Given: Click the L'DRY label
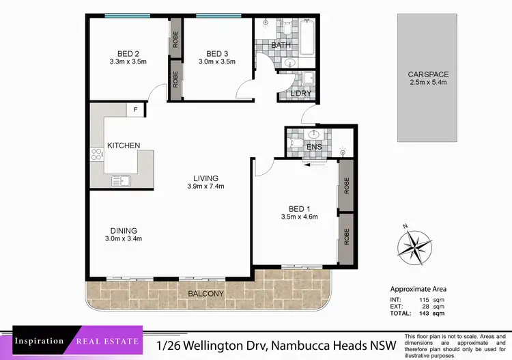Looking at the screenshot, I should pyautogui.click(x=301, y=93).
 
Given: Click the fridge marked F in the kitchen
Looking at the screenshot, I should pyautogui.click(x=135, y=109).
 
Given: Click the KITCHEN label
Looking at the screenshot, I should pyautogui.click(x=124, y=146).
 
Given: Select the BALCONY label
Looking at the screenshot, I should pyautogui.click(x=205, y=294).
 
